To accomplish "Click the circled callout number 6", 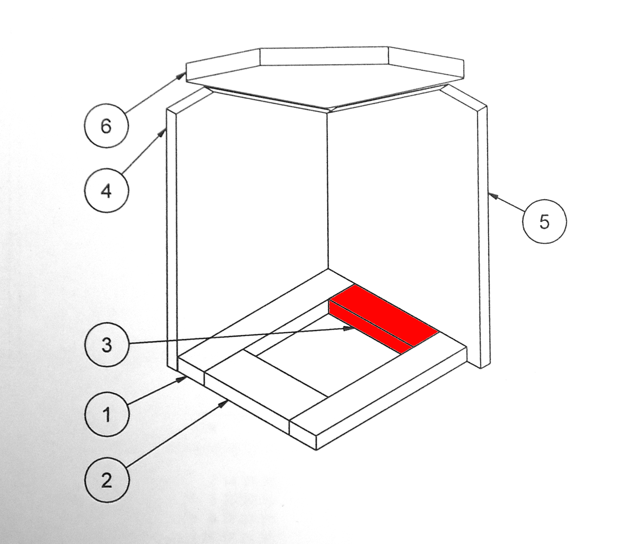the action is coord(106,126).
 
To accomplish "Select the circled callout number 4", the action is coord(106,191).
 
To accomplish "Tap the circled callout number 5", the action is coord(544,222).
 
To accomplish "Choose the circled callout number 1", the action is coord(107,414).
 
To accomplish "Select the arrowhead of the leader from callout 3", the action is coord(349,329).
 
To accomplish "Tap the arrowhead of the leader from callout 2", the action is coord(224,404).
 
